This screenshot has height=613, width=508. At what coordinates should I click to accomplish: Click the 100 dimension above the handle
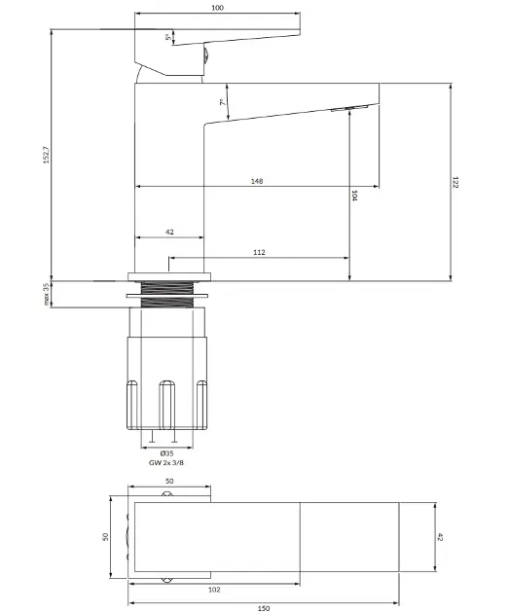[217, 8]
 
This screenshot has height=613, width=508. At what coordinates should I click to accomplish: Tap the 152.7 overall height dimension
[47, 155]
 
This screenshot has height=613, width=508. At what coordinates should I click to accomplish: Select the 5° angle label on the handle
[167, 37]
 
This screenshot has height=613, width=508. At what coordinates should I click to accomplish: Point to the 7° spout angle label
[222, 102]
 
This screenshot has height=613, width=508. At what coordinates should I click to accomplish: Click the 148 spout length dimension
[257, 181]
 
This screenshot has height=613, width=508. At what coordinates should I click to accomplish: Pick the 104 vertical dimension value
[354, 196]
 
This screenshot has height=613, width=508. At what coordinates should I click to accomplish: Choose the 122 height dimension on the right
[455, 182]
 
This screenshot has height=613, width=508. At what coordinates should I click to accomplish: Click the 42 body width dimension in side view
[169, 232]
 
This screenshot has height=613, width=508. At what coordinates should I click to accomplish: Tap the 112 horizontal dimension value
[259, 252]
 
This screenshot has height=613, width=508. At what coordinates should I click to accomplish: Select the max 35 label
[47, 294]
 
